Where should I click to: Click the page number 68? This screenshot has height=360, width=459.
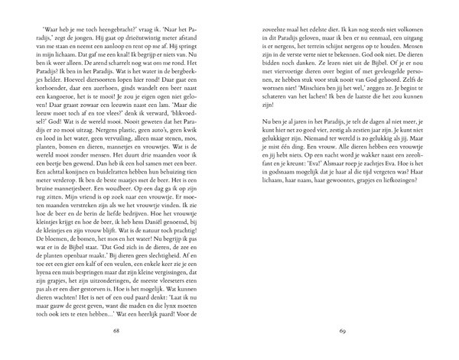pos(117,332)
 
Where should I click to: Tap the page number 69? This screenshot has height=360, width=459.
pos(342,332)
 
